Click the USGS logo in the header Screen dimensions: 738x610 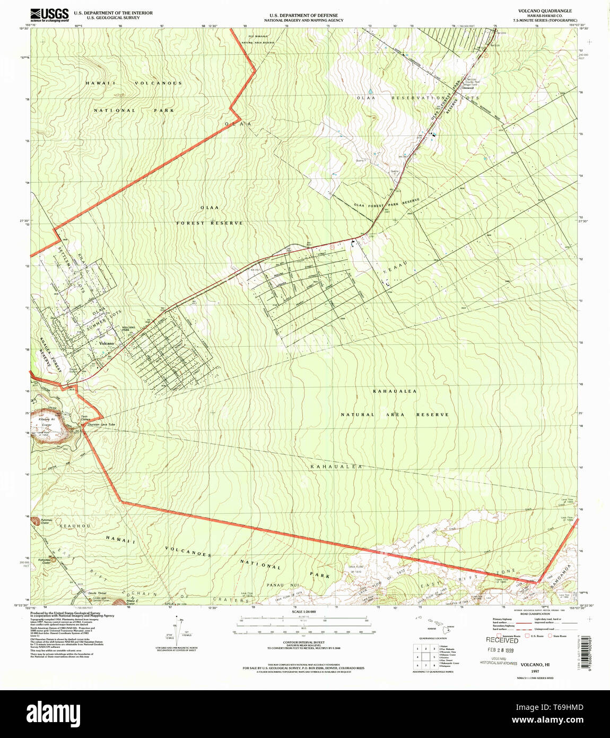[49, 14]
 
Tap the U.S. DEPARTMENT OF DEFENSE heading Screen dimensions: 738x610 [303, 15]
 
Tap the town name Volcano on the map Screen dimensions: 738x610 [106, 344]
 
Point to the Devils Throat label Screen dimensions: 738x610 [97, 593]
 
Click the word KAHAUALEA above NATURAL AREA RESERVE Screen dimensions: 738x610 [394, 391]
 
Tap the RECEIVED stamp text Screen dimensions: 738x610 [502, 640]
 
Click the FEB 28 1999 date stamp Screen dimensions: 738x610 [501, 650]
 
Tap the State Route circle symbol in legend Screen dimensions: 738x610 [551, 636]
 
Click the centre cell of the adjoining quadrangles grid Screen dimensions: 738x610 [426, 657]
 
